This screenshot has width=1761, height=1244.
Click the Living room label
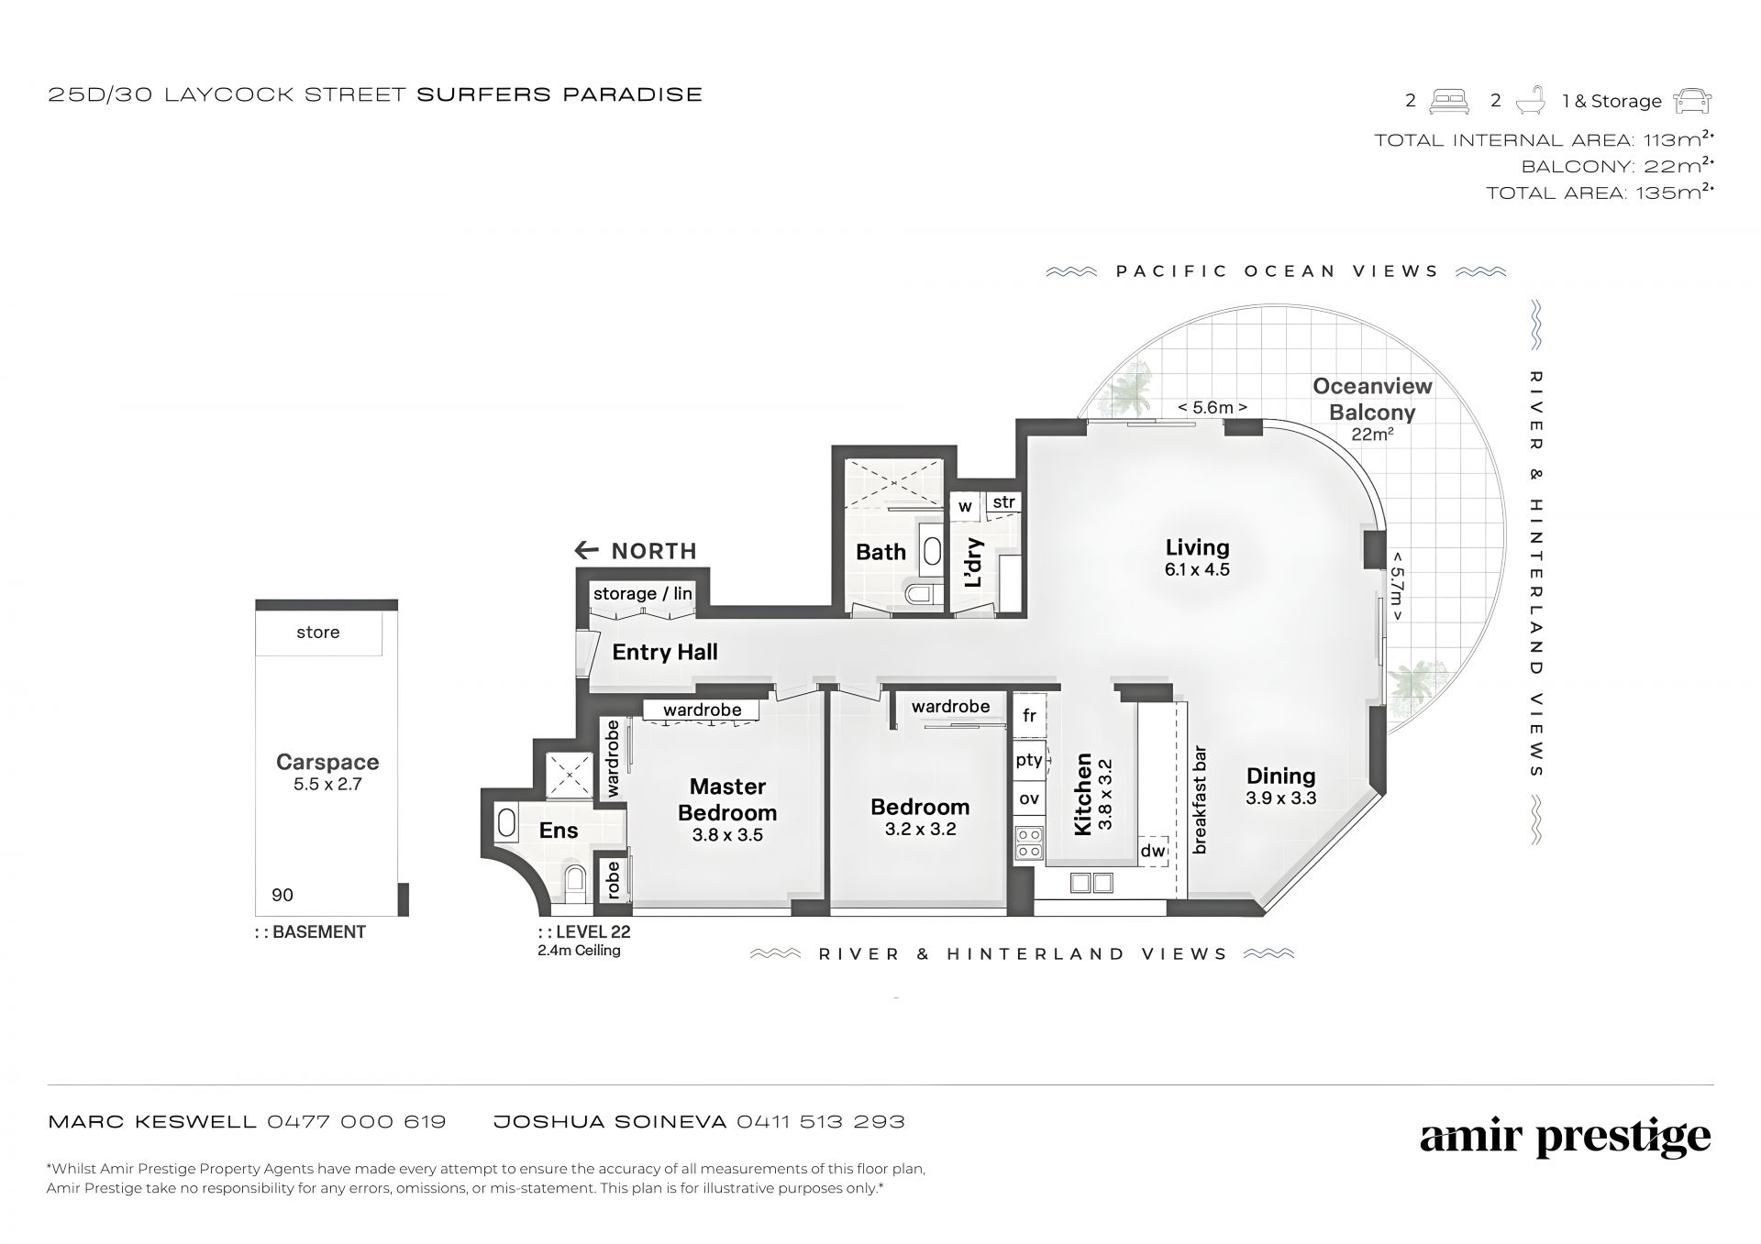[x=1197, y=548]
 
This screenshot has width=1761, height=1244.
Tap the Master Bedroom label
[x=727, y=799]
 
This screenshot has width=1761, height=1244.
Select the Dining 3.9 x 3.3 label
[x=1280, y=787]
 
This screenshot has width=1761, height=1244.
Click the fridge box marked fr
[x=1029, y=715]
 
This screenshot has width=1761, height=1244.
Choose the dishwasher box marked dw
[x=1154, y=851]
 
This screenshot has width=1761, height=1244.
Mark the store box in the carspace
[x=318, y=633]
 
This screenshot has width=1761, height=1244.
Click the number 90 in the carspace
[x=282, y=896]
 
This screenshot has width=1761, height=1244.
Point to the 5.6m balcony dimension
[x=1213, y=407]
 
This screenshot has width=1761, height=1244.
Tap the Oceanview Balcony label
[x=1372, y=399]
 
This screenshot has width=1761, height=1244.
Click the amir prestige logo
[x=1566, y=1138]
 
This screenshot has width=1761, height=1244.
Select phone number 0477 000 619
[x=357, y=1121]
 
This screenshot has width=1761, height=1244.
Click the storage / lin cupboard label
[x=642, y=593]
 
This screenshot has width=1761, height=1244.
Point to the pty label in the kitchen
[x=1029, y=760]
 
